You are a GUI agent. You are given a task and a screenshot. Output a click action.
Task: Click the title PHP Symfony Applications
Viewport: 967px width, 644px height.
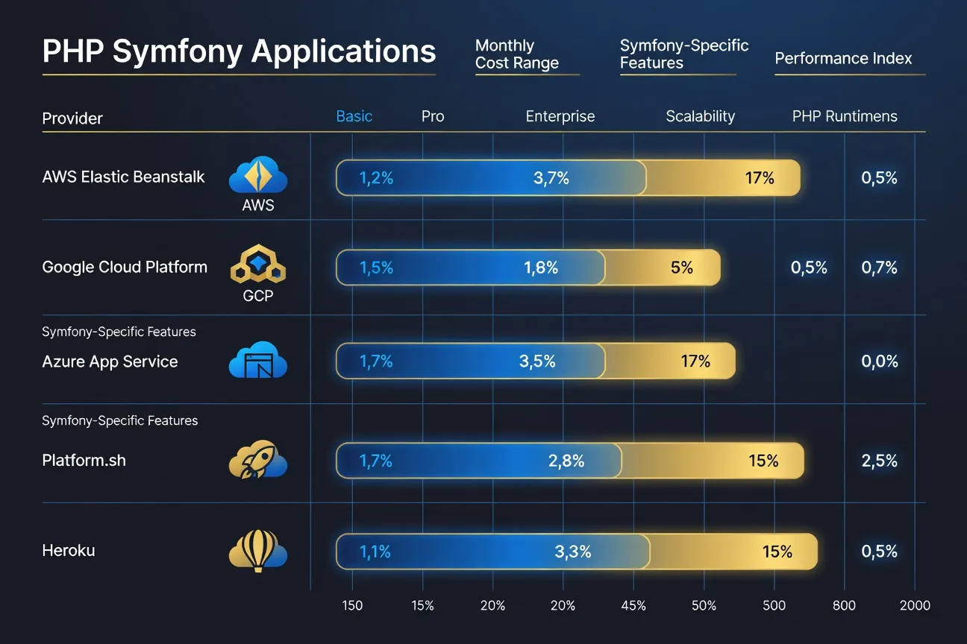tap(239, 51)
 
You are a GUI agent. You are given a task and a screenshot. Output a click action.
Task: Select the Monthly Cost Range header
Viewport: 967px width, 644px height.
tap(517, 54)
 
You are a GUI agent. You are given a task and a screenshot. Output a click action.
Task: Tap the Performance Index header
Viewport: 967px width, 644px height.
tap(843, 58)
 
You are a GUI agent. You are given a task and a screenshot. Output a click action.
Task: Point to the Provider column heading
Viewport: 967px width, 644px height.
tap(72, 118)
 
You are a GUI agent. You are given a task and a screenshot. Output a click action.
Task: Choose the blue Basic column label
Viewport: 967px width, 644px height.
tap(354, 116)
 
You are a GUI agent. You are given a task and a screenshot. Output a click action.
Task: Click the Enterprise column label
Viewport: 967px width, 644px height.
tap(560, 116)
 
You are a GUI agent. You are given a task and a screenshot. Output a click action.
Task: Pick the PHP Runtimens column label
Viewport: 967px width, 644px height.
tap(845, 116)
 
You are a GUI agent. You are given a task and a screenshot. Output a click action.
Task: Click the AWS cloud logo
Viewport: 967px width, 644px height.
tap(258, 176)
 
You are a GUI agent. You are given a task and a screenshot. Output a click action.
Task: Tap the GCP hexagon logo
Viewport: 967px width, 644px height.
tap(258, 264)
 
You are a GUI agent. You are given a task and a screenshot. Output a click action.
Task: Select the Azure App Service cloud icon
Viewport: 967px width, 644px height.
tap(258, 361)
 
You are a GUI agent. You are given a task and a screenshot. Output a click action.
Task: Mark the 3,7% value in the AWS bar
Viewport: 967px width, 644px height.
tap(551, 178)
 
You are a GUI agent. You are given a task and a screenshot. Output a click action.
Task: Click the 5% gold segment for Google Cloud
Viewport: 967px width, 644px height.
tap(682, 268)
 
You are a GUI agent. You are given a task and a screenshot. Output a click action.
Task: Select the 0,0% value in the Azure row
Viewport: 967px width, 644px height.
tap(879, 362)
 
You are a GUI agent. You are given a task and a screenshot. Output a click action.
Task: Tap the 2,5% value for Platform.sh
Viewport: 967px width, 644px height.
tap(879, 461)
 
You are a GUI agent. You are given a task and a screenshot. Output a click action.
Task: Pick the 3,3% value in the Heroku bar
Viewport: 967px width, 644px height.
tap(573, 552)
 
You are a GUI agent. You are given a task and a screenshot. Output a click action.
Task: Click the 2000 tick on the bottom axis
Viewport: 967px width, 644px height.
tap(915, 605)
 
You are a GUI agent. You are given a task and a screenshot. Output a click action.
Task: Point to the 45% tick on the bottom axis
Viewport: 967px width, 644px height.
tap(633, 605)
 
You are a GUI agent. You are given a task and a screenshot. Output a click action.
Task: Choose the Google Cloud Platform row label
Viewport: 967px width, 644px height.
tap(125, 267)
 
